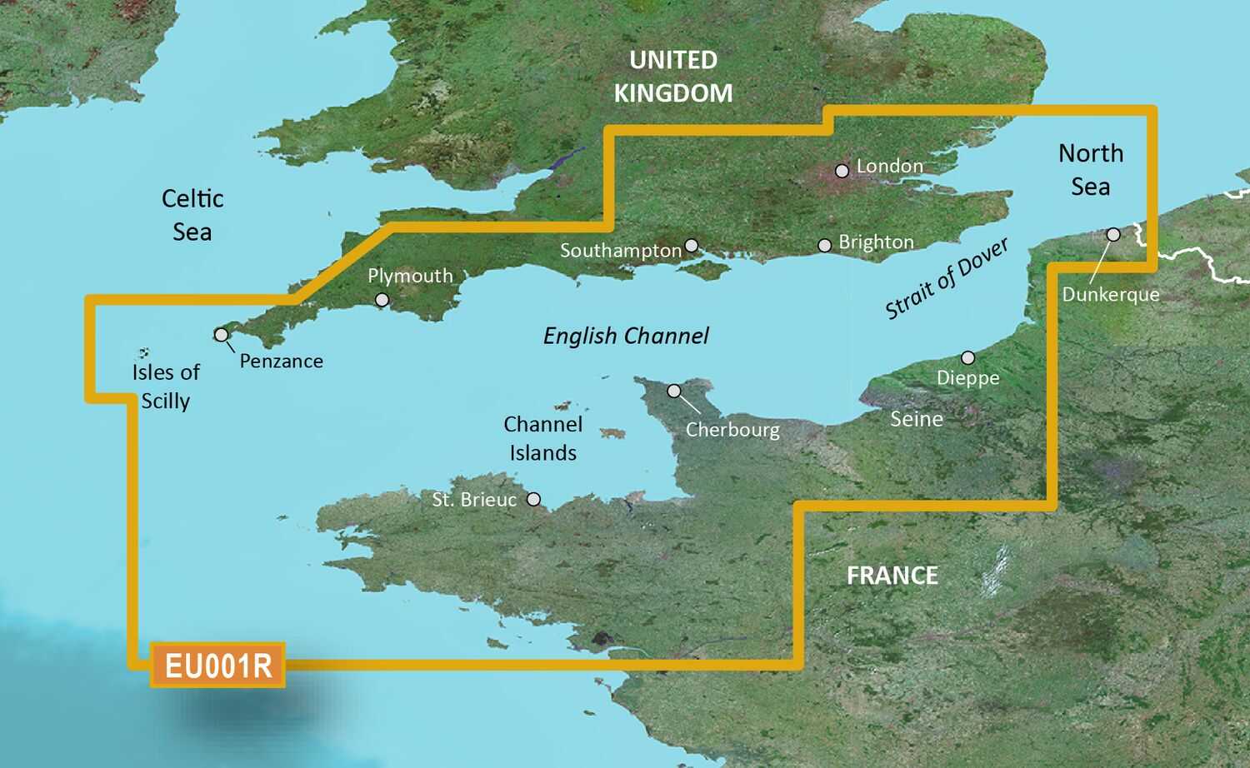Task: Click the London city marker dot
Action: [842, 171]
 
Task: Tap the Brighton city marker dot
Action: [824, 246]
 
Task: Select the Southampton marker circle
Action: [691, 246]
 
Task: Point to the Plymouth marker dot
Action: [382, 300]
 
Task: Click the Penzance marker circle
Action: [221, 335]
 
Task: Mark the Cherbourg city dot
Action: [674, 391]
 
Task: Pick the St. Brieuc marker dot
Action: [533, 500]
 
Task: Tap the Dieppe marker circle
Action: [967, 358]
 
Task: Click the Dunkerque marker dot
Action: [1113, 235]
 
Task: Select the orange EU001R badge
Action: [217, 666]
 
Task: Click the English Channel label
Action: [625, 336]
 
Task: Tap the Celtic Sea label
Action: [192, 215]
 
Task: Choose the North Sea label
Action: [1090, 170]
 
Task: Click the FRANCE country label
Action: [892, 576]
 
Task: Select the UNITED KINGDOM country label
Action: [673, 77]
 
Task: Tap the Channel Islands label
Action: [542, 438]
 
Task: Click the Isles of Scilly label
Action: [166, 386]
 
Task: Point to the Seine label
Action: [916, 419]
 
